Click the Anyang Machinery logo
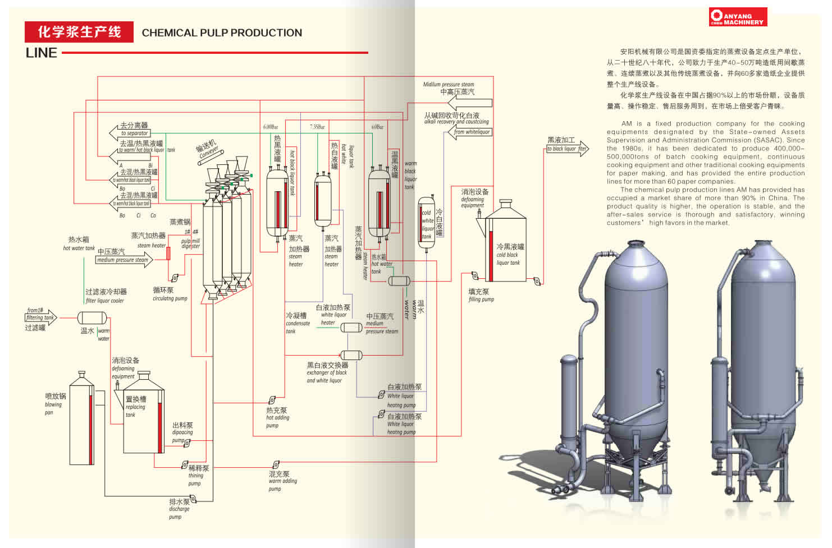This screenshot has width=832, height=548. coord(738,17)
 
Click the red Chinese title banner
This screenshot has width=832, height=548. coord(79,32)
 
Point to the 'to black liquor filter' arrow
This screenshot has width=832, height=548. coord(567,149)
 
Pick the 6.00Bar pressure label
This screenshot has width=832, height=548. coord(271,127)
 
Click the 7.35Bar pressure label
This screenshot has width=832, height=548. coord(317,127)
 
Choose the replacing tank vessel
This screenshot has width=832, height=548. coord(144,415)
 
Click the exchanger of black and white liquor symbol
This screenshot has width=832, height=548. coord(351,355)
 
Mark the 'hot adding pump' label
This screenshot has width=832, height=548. coord(277,417)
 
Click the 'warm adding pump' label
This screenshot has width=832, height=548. coord(282,481)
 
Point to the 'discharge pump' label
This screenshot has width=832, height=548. coord(179,509)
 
